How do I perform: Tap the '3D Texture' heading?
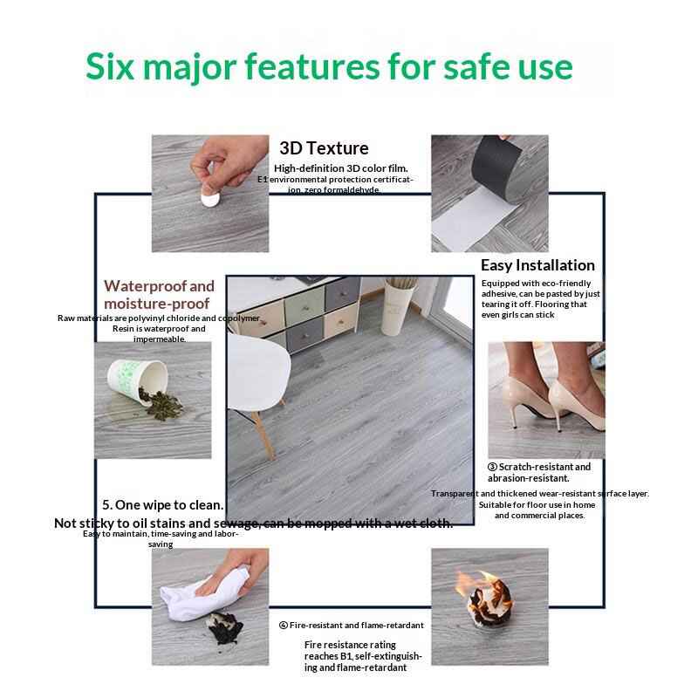324,148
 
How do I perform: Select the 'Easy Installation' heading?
537,265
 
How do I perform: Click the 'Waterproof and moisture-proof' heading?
159,295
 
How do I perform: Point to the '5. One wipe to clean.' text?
162,505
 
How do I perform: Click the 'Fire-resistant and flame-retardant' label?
352,626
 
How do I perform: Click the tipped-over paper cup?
131,385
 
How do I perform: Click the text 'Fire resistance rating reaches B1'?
362,650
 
